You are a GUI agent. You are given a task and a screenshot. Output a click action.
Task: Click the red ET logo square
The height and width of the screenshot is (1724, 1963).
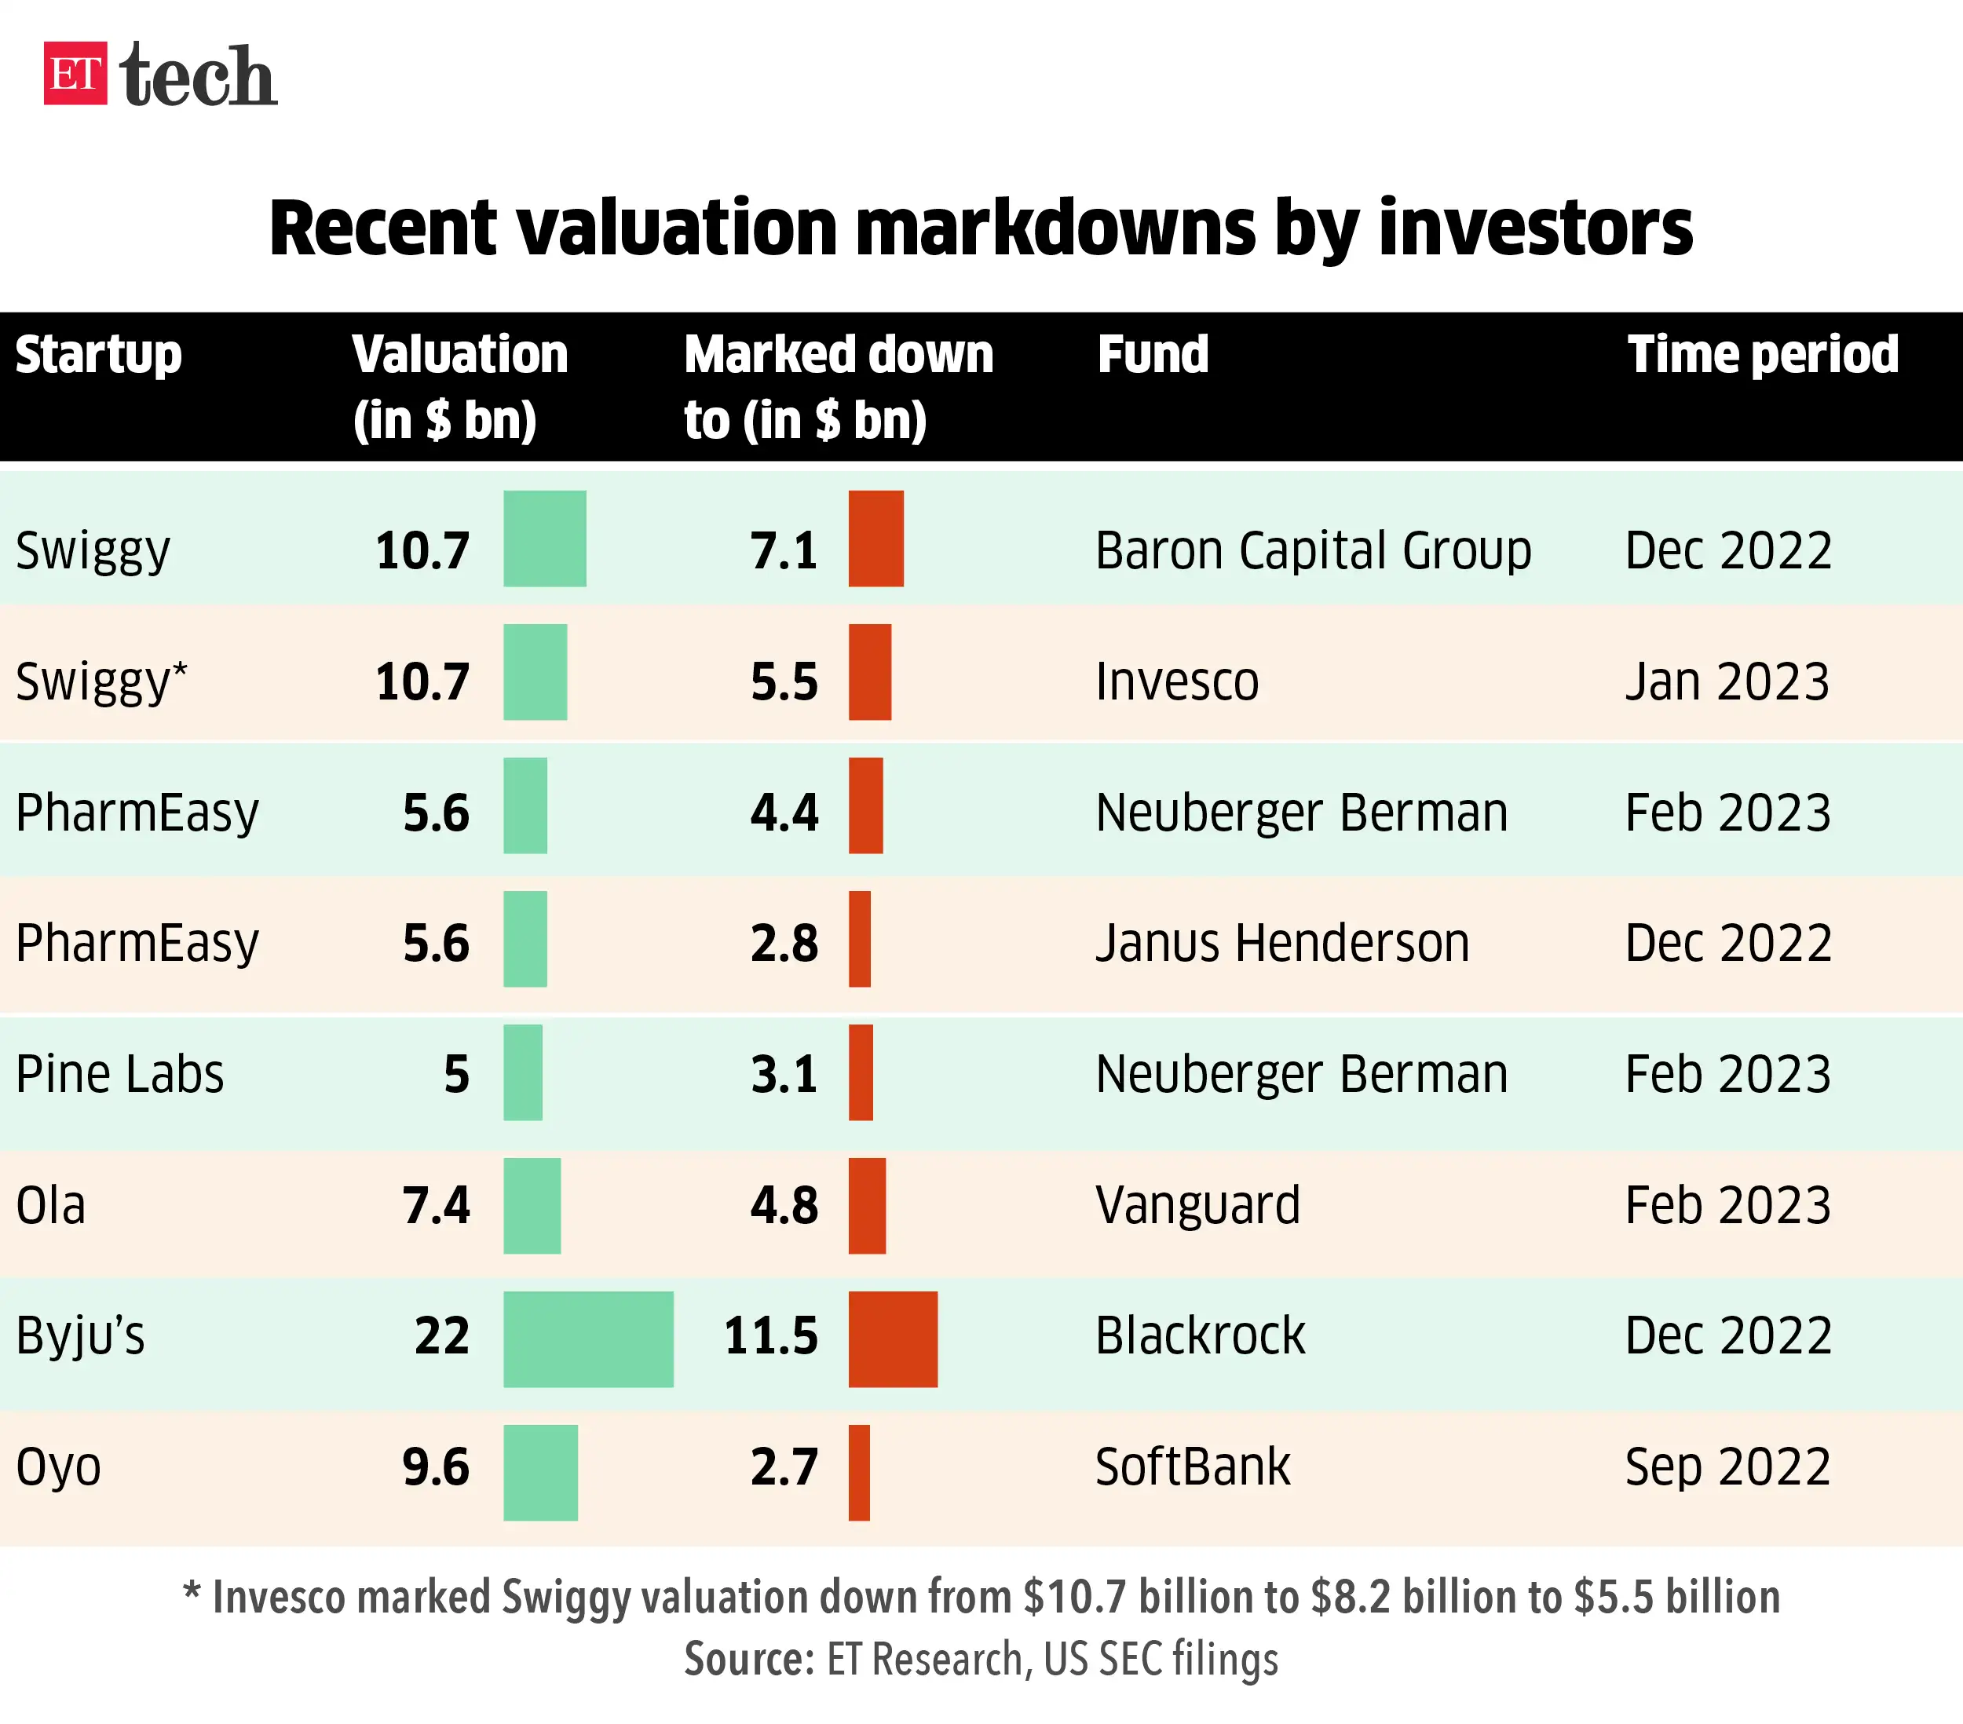point(75,74)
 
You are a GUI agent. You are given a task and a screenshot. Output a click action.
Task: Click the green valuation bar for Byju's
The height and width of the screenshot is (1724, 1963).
point(588,1339)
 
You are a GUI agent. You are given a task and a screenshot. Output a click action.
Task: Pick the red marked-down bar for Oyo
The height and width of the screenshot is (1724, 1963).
point(858,1472)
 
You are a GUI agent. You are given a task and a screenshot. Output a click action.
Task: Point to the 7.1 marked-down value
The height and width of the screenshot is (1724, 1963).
point(784,551)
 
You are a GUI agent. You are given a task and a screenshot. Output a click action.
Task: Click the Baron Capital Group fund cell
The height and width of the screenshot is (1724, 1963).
point(1313,551)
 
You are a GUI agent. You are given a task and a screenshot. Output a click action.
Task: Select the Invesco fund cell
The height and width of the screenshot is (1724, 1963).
point(1176,682)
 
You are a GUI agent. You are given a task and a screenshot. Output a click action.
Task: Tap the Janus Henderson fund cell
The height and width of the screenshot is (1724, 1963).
point(1282,943)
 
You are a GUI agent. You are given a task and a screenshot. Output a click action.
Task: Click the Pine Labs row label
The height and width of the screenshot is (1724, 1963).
point(120,1074)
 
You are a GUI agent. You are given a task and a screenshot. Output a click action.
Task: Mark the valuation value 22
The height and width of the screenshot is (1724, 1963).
point(442,1336)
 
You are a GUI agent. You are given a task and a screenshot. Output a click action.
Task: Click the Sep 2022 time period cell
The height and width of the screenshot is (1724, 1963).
point(1727,1467)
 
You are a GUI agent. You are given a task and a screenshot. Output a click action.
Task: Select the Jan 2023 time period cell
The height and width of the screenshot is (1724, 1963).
point(1727,682)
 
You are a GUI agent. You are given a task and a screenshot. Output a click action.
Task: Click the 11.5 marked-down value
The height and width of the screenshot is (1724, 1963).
point(771,1336)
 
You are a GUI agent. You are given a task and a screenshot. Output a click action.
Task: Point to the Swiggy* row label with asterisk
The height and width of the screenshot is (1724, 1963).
point(101,682)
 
